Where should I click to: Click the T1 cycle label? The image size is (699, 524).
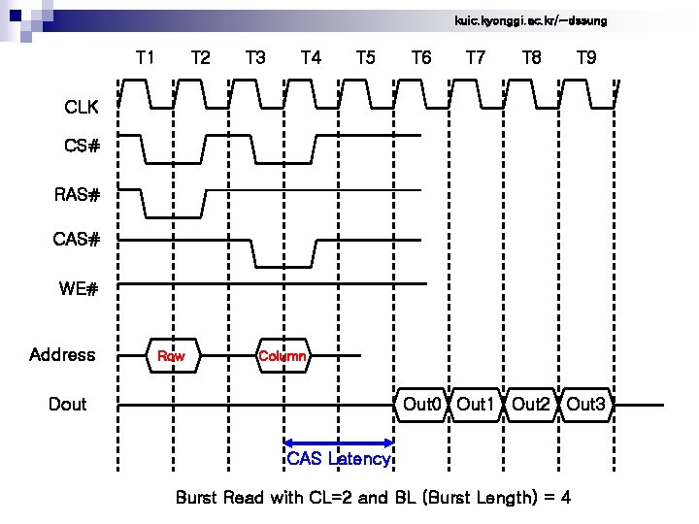145,58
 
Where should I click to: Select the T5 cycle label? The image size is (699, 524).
366,58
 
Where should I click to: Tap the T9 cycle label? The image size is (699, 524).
585,58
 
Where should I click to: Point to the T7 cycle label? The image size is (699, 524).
476,58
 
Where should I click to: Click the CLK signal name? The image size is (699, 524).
82,106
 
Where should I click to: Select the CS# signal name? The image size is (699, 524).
83,147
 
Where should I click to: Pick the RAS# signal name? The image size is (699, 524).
77,195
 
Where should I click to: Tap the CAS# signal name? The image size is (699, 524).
77,239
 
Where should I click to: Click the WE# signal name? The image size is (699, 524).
80,288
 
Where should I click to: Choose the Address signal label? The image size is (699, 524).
62,355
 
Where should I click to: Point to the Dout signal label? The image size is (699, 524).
67,404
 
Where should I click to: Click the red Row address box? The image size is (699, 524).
171,356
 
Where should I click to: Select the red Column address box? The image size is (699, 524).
283,356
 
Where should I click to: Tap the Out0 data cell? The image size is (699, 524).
422,404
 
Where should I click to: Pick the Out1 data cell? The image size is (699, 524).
477,404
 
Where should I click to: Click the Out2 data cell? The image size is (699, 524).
531,404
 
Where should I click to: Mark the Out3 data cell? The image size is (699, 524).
586,404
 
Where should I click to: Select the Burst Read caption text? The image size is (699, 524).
373,498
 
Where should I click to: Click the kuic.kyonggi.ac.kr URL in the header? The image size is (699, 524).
530,20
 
